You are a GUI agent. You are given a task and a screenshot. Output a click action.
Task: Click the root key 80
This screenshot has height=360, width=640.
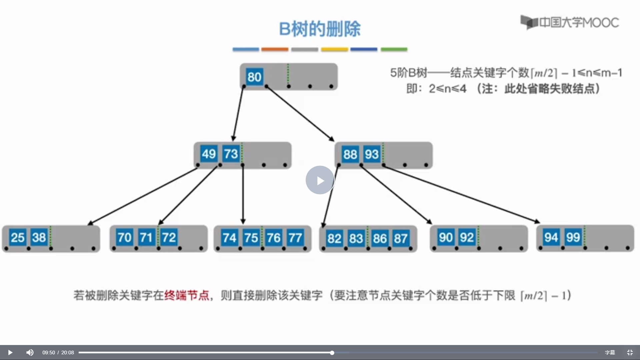pos(254,77)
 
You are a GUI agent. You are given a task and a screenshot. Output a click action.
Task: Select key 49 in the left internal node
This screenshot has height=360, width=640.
pos(209,154)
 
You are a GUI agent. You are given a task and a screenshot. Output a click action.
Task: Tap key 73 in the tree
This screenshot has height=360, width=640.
pos(231,154)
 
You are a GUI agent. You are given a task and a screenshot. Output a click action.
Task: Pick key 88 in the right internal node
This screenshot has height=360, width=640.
pos(350,154)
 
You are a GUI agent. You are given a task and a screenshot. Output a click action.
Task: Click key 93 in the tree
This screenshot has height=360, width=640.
pos(372,154)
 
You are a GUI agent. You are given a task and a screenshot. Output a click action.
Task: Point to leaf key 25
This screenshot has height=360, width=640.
pos(17,238)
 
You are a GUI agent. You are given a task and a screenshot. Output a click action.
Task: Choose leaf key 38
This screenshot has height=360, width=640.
pos(39,238)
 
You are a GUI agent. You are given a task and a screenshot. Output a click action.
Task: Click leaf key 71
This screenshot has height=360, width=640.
pos(146,238)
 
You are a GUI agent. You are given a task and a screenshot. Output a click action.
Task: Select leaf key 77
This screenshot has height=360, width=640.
pos(295,238)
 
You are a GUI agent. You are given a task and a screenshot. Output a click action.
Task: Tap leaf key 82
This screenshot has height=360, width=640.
pos(334,238)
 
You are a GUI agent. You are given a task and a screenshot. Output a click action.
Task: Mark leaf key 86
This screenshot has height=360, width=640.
pos(380,238)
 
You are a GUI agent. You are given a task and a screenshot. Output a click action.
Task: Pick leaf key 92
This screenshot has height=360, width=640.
pos(467,238)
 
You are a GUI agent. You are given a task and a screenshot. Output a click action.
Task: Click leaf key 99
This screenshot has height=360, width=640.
pos(573,237)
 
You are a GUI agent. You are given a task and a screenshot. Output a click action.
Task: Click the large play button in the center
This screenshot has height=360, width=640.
pos(320,180)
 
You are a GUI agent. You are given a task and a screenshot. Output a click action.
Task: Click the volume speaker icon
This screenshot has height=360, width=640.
pos(30,352)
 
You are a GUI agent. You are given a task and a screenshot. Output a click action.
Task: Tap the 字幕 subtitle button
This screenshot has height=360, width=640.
pos(610,352)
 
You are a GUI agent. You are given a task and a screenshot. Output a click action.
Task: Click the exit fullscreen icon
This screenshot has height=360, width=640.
pos(630,352)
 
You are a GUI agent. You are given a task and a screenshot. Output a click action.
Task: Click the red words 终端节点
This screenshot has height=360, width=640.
pos(187,295)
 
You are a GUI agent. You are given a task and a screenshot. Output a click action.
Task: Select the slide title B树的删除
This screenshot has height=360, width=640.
pos(320,29)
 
